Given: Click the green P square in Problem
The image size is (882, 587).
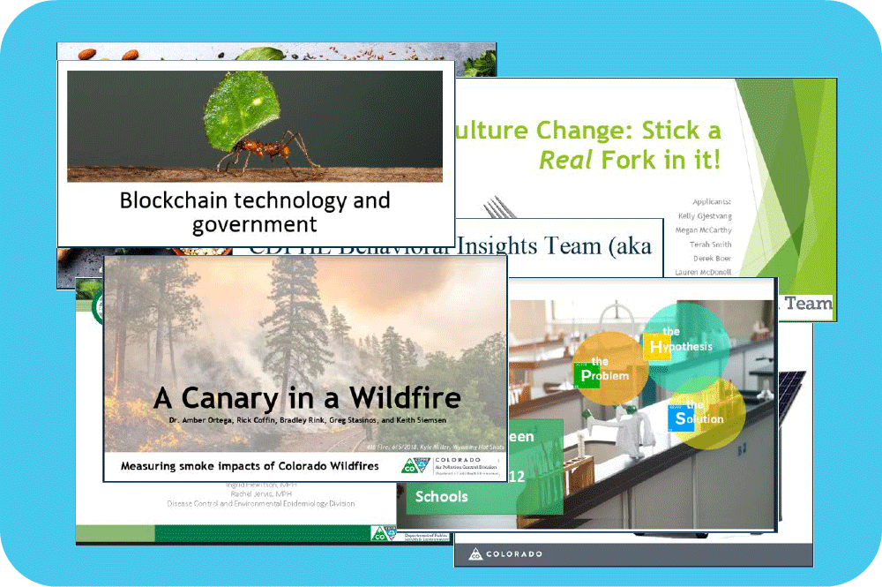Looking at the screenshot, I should [587, 376].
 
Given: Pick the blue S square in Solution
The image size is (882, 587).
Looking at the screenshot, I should [679, 418].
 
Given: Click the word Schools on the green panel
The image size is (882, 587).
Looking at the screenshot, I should [441, 497].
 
